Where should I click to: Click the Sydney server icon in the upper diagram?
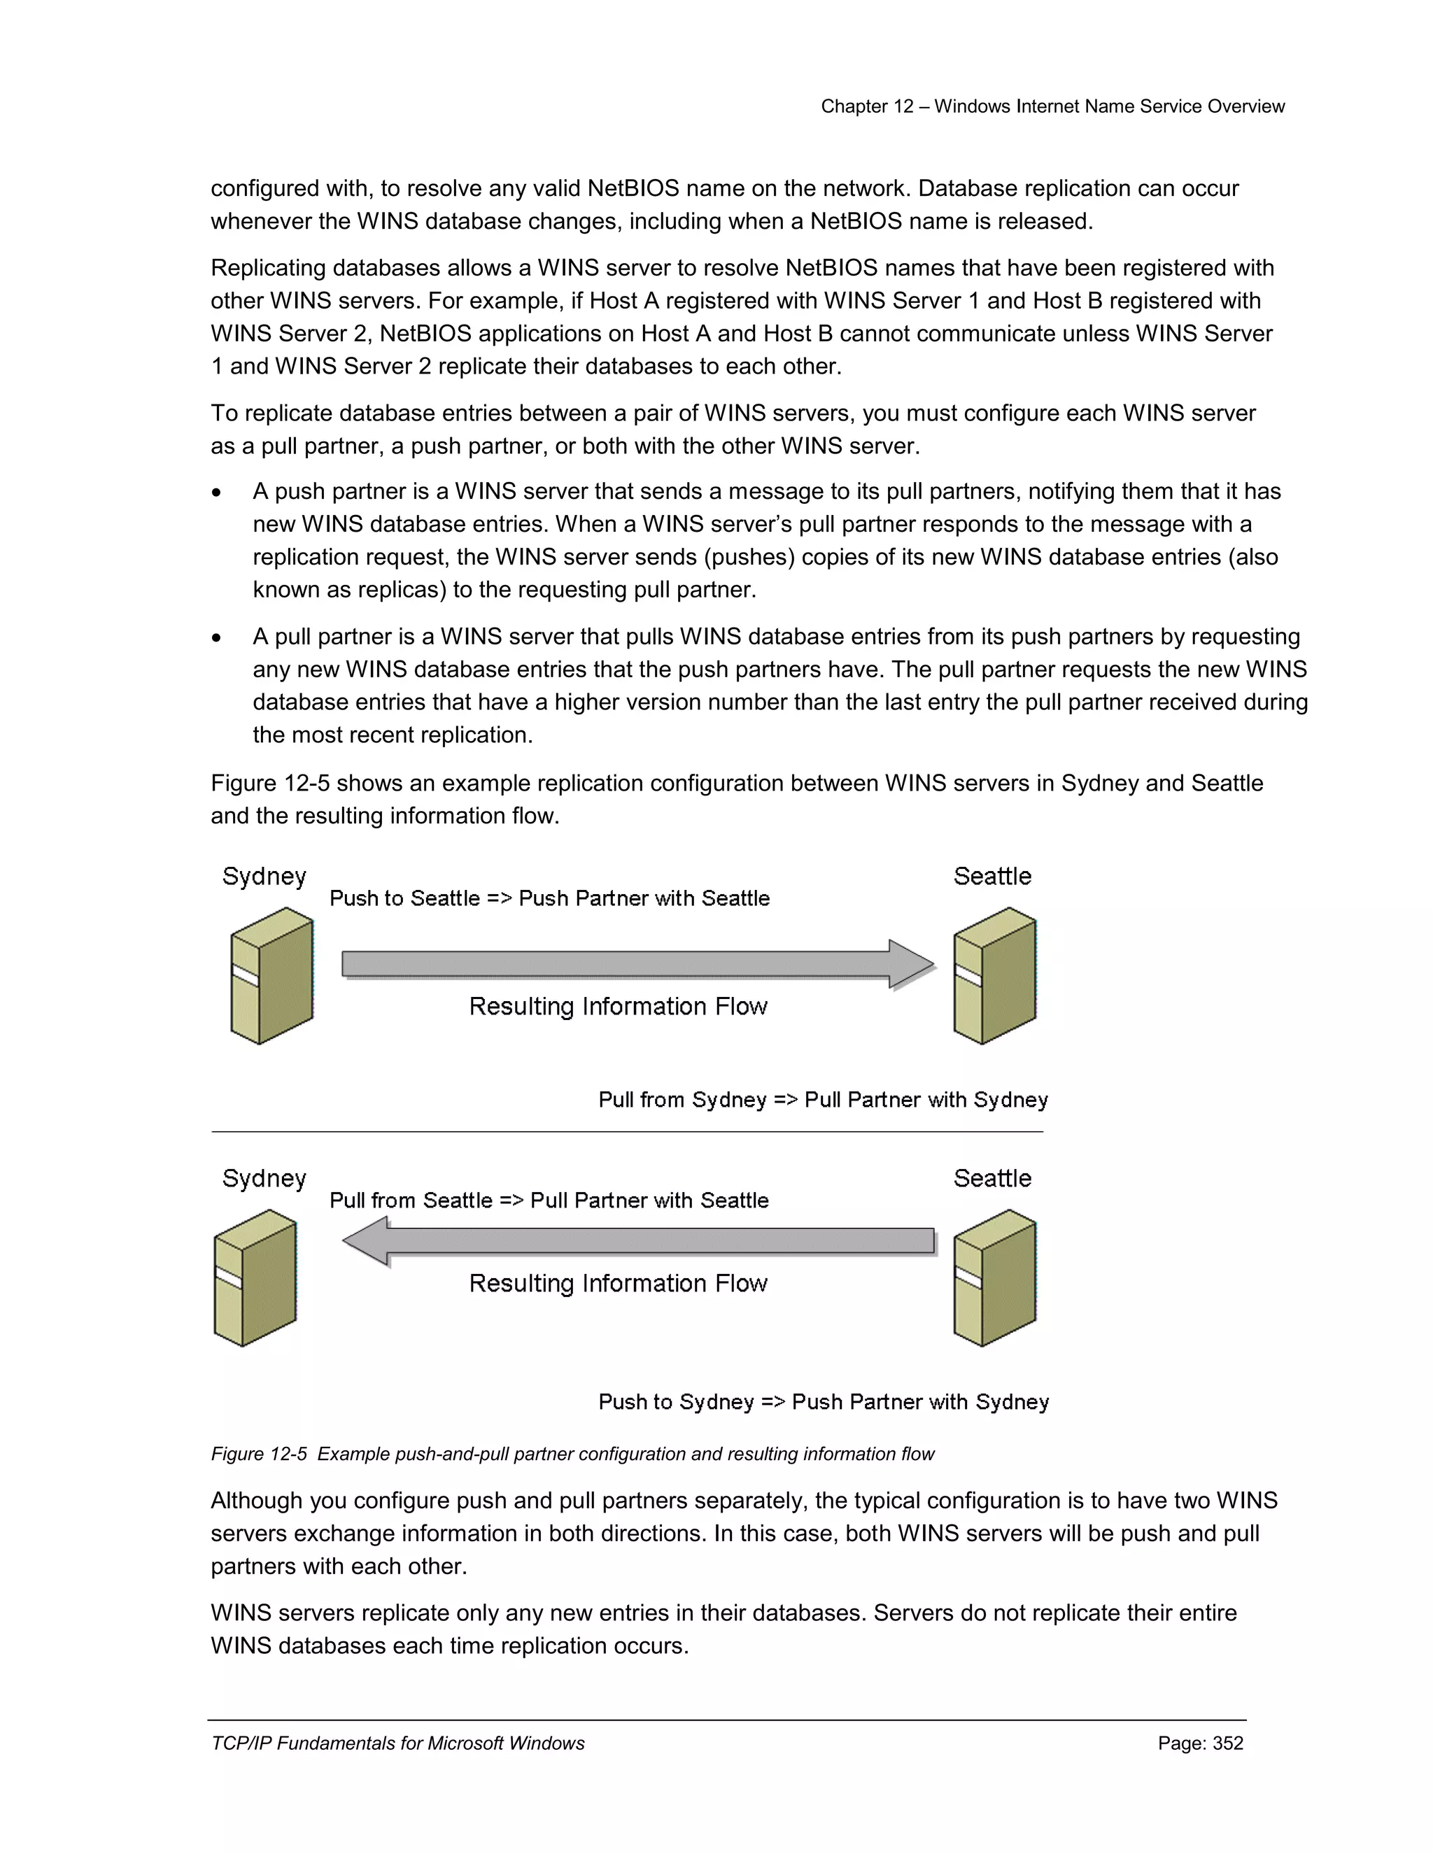tap(271, 975)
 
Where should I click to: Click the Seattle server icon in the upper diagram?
tap(994, 975)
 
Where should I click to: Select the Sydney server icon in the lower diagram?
tap(255, 1278)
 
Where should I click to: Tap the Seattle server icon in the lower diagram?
tap(994, 1278)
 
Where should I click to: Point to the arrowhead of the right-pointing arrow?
tap(912, 964)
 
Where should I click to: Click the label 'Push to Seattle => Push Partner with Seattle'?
tap(549, 898)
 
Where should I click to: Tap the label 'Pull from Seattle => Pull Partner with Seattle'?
tap(549, 1201)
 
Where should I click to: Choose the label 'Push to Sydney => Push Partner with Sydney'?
tap(824, 1401)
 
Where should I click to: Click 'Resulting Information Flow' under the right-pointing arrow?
tap(618, 1007)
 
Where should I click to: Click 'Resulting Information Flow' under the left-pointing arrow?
tap(618, 1284)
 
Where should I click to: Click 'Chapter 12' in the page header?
tap(867, 106)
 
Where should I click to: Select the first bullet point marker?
tap(218, 493)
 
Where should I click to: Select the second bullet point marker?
tap(218, 638)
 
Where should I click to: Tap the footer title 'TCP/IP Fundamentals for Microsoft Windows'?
tap(397, 1743)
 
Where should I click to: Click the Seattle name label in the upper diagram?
tap(991, 876)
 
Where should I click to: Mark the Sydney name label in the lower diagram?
tap(264, 1178)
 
